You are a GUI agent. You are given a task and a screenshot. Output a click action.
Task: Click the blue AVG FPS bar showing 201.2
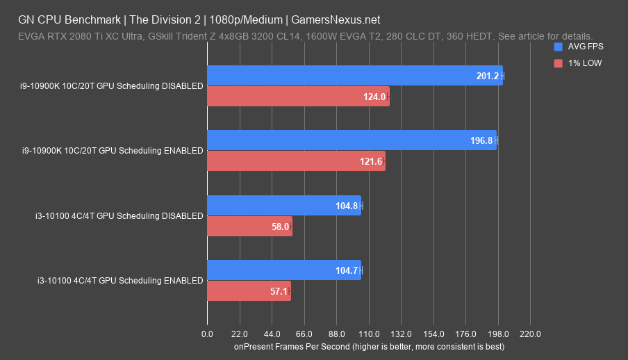pos(354,76)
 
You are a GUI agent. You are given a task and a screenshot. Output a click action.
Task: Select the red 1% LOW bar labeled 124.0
pos(298,97)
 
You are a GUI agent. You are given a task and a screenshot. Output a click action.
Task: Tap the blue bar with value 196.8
pos(352,140)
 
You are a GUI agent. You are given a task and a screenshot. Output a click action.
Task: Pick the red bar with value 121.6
pos(296,161)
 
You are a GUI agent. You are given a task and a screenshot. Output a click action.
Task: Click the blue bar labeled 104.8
pos(283,206)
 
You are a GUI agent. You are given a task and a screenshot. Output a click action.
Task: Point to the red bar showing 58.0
pos(249,227)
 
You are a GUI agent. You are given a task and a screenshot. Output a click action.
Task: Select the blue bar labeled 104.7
pos(283,270)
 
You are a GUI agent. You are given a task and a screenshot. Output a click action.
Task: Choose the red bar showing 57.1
pos(249,291)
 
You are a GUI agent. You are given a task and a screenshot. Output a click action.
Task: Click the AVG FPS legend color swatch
pos(559,47)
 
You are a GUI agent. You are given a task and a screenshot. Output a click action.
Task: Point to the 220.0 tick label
pos(530,334)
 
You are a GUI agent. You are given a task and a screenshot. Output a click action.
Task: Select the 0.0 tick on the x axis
pos(207,334)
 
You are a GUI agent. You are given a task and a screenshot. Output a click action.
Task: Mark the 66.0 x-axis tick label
pos(304,334)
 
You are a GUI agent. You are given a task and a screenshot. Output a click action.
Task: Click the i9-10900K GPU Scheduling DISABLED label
pos(112,86)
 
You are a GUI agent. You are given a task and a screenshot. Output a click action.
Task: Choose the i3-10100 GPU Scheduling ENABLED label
pos(120,281)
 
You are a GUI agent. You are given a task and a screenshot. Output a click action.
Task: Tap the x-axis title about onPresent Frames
pos(369,346)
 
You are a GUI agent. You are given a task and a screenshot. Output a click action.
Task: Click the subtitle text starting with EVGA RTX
pos(306,36)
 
